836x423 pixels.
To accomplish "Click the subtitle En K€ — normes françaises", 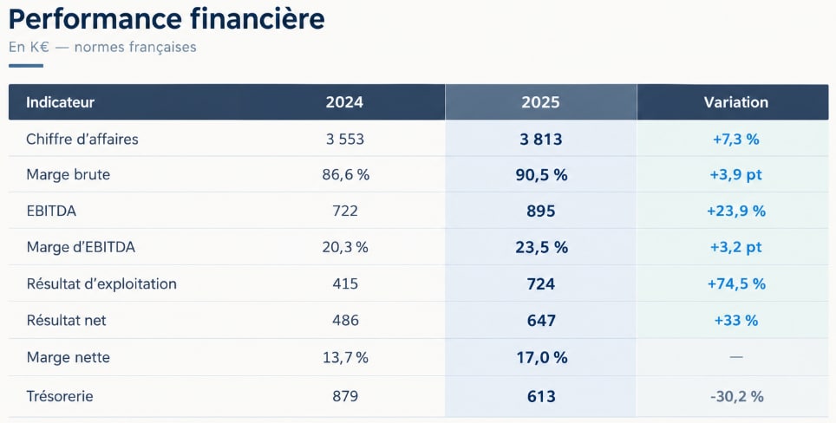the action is coord(102,48).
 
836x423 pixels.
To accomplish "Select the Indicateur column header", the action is coord(60,102).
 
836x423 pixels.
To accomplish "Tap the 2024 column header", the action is coord(344,102).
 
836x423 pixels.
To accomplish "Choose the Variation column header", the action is coord(735,102).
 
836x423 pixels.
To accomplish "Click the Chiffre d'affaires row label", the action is coord(82,139).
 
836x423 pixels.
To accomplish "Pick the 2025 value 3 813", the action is coord(540,140).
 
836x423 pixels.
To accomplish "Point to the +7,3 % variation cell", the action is coord(735,140).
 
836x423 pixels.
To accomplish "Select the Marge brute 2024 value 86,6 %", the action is coord(345,175).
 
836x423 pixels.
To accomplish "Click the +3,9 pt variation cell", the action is coord(735,175).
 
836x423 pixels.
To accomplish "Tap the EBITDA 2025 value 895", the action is coord(540,211).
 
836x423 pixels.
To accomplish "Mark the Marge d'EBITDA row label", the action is coord(81,247).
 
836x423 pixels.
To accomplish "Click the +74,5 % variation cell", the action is coord(736,284).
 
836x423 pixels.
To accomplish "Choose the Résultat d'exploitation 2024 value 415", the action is coord(345,283).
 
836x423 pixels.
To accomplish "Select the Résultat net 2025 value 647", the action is coord(540,321).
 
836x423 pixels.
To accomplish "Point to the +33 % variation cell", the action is coord(735,321).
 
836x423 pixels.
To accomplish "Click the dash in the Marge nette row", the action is coord(735,357).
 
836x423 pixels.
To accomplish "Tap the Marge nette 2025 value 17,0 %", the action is coord(541,357).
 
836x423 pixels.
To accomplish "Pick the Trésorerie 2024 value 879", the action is coord(345,396).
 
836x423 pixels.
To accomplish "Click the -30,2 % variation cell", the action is coord(736,396).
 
